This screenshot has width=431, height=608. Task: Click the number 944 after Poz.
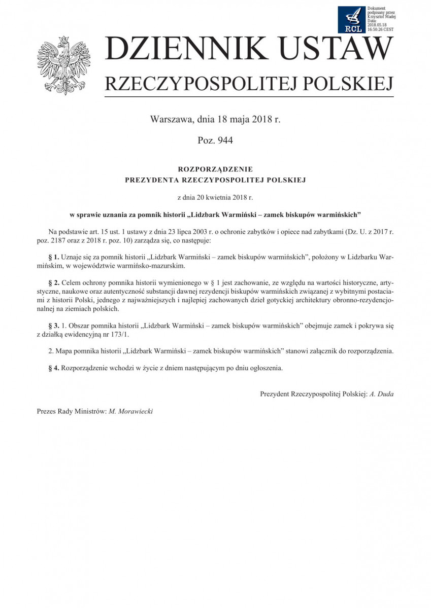click(224, 140)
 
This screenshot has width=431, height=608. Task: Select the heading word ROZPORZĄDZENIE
click(215, 168)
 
